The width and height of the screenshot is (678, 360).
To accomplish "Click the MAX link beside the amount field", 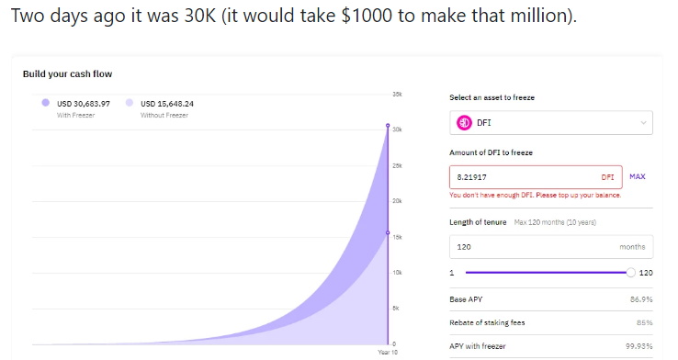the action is point(638,176).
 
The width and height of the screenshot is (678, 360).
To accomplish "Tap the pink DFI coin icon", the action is point(464,123).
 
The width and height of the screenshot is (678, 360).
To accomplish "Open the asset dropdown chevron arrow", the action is point(643,123).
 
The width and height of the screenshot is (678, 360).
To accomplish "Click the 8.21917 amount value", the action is point(471,177).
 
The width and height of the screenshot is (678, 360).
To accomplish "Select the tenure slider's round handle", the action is point(631,273).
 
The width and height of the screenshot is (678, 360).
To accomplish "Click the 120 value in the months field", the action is point(464,247).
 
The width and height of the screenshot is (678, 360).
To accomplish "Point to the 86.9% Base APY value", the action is point(641,299).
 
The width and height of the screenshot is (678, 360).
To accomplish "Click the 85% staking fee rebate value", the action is point(645,323).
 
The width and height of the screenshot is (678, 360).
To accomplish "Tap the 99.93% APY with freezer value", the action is point(639,346).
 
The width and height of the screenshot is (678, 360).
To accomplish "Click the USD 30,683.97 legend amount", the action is point(84,104).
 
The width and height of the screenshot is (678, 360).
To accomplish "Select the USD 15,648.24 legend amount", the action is point(167,104).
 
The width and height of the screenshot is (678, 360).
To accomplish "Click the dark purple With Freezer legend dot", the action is point(45,103).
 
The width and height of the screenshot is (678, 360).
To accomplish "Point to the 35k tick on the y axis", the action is point(397,95).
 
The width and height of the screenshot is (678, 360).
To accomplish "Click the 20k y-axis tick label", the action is point(397,201).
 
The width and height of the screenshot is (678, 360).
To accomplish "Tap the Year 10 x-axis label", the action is point(388,353).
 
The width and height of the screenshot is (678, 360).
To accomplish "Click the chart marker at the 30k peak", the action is point(388,125).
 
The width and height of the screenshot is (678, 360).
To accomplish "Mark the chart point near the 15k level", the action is point(388,233).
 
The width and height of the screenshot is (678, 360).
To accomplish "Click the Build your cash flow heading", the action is point(67,73).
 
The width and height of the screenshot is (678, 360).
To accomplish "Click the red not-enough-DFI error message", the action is point(536,196).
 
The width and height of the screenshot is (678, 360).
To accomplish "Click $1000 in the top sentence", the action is point(367,16).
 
